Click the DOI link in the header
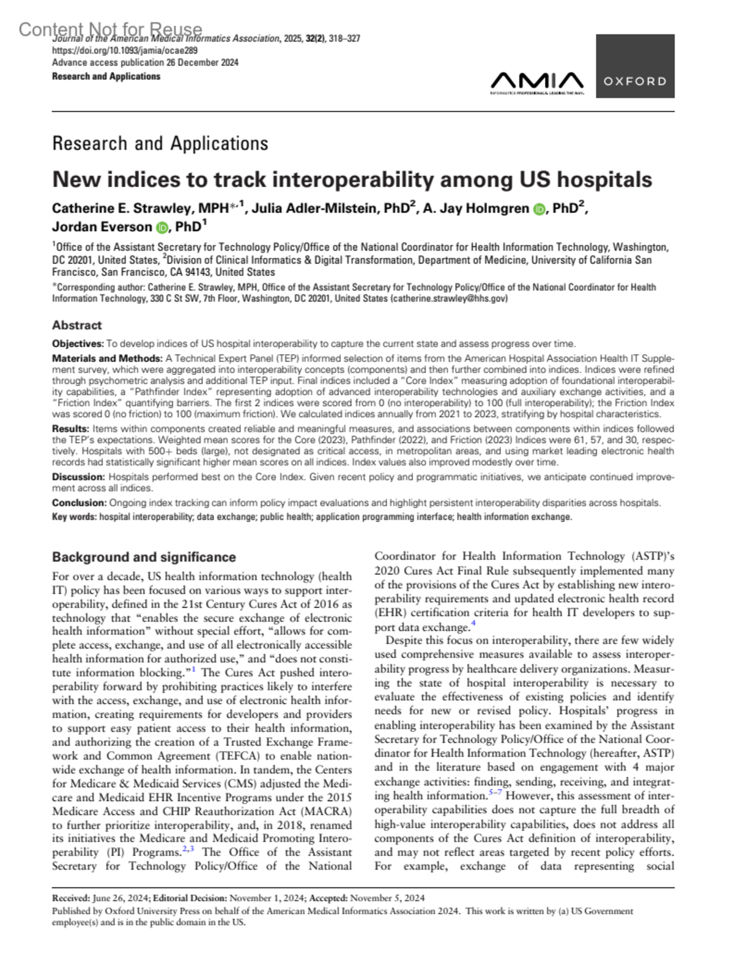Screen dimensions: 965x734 point(125,51)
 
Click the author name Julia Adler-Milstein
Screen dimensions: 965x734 point(317,209)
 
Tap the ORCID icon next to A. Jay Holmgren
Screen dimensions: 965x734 point(539,210)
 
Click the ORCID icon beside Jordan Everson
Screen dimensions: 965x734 point(161,228)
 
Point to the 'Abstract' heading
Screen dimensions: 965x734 point(76,325)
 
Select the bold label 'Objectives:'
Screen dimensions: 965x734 point(78,344)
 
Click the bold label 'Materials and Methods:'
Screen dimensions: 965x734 point(107,358)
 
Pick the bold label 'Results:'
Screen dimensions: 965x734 point(71,429)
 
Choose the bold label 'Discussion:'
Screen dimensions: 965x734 point(78,477)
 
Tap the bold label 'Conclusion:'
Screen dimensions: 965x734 point(80,503)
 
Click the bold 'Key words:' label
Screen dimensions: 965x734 point(74,517)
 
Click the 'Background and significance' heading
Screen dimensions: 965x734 point(144,557)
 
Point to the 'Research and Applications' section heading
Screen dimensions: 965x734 point(160,144)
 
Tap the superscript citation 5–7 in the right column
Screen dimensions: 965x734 point(495,793)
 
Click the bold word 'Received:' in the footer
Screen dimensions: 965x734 point(71,898)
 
